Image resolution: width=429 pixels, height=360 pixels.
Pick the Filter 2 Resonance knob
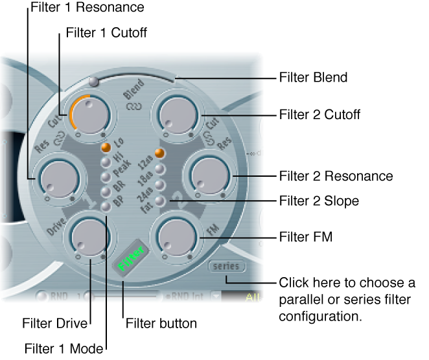tap(207, 176)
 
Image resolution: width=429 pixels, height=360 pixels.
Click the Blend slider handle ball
tap(95, 82)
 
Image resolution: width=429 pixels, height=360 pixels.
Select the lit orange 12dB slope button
tap(159, 154)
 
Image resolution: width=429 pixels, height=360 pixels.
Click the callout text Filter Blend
tap(313, 78)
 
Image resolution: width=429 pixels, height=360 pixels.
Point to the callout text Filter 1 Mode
tap(64, 349)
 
